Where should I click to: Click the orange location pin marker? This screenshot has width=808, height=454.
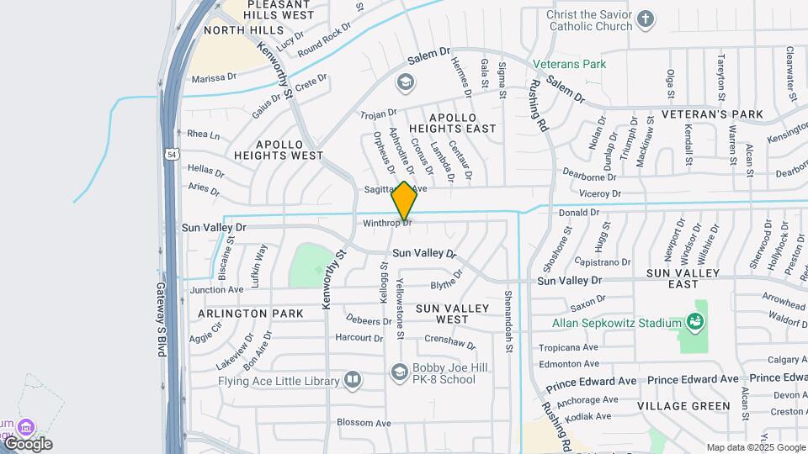tap(404, 201)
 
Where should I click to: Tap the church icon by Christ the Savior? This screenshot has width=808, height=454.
tap(646, 18)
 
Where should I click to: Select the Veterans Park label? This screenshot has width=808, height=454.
tap(569, 64)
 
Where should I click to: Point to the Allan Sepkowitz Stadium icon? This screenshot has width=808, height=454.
tap(695, 322)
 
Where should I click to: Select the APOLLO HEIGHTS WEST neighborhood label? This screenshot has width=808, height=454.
tap(278, 150)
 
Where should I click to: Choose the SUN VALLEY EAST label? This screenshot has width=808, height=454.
tap(683, 279)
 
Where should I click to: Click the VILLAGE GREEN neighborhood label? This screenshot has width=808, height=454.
tap(683, 405)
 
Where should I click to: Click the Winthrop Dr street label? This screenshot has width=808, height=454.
tap(387, 224)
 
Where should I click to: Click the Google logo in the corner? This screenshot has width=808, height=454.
tap(28, 444)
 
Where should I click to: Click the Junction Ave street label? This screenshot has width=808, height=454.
tap(216, 290)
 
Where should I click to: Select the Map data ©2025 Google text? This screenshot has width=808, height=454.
tap(754, 447)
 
